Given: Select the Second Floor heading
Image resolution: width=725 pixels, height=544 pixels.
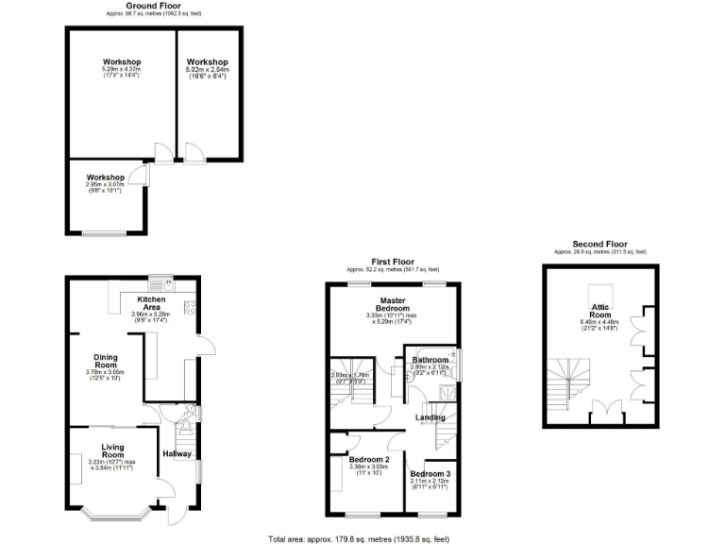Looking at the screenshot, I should (599, 245).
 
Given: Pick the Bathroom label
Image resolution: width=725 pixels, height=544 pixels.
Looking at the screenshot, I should (430, 360).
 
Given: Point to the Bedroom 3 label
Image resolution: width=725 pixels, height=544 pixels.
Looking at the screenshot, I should (430, 473).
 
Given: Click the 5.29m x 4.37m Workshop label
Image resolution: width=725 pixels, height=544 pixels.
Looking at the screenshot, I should (121, 62).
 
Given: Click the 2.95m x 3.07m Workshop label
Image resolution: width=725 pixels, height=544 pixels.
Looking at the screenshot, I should (106, 178).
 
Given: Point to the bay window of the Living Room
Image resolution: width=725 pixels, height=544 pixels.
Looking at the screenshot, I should (113, 514).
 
